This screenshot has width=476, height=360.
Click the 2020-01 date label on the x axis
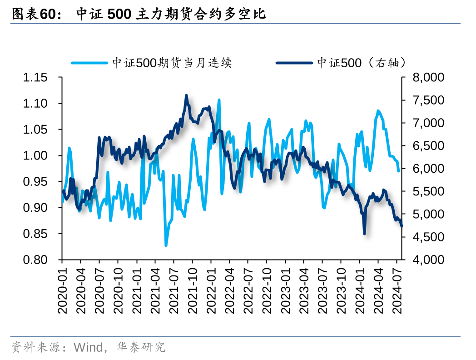pos(63,290)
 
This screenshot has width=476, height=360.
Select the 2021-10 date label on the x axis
pos(193,290)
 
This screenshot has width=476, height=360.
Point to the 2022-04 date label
pos(230,290)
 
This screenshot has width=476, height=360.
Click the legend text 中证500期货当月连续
pos(172,63)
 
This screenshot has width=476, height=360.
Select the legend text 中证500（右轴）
pos(361,63)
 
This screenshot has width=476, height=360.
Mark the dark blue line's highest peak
pos(186,95)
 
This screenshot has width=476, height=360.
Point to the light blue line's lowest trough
pos(166,245)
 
